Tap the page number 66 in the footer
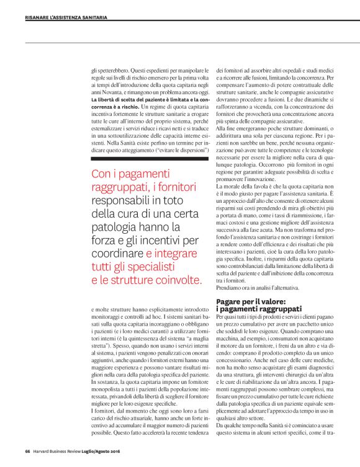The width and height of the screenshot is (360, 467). click(x=28, y=451)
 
